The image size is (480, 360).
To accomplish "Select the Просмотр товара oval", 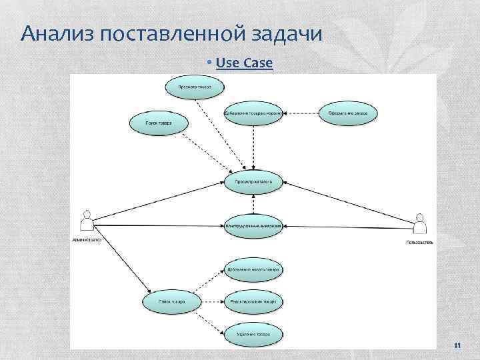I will pyautogui.click(x=195, y=87).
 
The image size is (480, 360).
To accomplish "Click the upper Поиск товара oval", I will pyautogui.click(x=158, y=123).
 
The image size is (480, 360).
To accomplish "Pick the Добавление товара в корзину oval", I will pyautogui.click(x=253, y=113).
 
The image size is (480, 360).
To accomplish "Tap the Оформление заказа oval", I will pyautogui.click(x=348, y=113).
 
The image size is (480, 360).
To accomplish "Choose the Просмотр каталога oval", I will pyautogui.click(x=253, y=181).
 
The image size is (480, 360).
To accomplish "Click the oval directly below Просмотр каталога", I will pyautogui.click(x=253, y=226).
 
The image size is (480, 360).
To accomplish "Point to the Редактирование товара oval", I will pyautogui.click(x=253, y=301).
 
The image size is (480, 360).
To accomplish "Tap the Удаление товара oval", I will pyautogui.click(x=253, y=333).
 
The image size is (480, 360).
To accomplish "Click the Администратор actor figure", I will pyautogui.click(x=85, y=221).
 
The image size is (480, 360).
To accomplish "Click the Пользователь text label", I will pyautogui.click(x=419, y=243).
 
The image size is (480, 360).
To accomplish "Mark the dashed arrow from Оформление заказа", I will pyautogui.click(x=301, y=113).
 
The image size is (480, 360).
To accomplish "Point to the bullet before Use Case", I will pyautogui.click(x=209, y=63).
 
